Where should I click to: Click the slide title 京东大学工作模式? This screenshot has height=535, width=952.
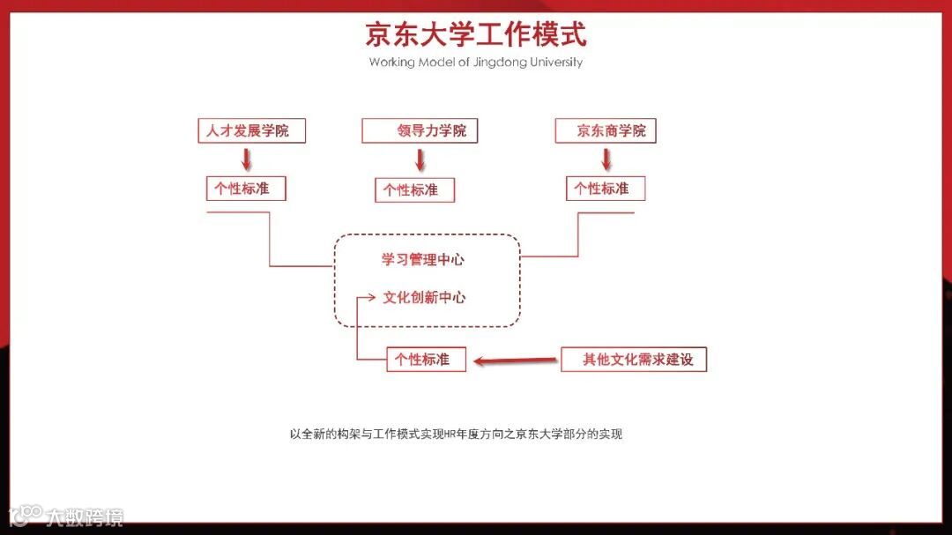pos(476,35)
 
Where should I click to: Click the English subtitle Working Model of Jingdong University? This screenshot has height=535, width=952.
pos(476,63)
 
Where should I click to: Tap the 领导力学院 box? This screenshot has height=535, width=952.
pos(420,131)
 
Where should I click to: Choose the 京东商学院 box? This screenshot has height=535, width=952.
pos(606,131)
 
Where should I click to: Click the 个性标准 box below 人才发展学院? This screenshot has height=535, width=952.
pos(246,188)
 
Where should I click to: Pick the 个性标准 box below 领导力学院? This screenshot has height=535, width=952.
pos(415,189)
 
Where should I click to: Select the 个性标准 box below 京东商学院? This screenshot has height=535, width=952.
pos(606,188)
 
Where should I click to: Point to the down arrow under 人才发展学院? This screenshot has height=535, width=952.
pos(247,159)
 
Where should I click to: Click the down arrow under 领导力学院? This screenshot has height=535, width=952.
pos(420,160)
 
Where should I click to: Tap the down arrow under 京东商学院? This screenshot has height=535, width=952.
pos(606,159)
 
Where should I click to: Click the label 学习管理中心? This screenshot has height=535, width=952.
pos(423,260)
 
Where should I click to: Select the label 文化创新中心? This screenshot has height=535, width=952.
pos(424,298)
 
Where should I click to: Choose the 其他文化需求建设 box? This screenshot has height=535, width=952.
pos(634,360)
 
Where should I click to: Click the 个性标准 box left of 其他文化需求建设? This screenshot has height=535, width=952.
pos(426,360)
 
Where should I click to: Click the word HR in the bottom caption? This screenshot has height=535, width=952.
pos(452,435)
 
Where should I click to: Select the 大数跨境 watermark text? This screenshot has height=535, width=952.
pos(85,516)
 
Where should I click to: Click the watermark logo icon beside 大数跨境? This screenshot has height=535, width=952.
pos(26,515)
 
